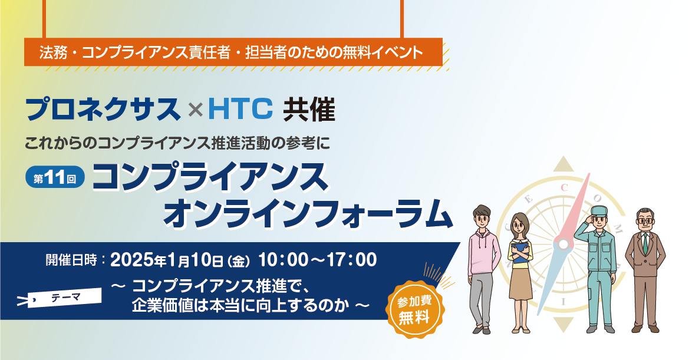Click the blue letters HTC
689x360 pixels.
tap(240, 110)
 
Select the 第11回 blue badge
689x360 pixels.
tap(55, 178)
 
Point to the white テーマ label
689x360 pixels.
tap(65, 298)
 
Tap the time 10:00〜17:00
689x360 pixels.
tap(317, 260)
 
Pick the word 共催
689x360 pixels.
tap(309, 110)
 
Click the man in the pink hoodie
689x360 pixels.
tap(481, 269)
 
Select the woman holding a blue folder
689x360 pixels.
tap(520, 273)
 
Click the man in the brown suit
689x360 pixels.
tap(645, 270)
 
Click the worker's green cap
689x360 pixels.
tap(599, 211)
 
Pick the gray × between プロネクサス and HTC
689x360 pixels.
tap(195, 110)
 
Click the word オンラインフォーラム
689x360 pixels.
tap(308, 213)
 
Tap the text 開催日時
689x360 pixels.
tap(71, 260)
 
